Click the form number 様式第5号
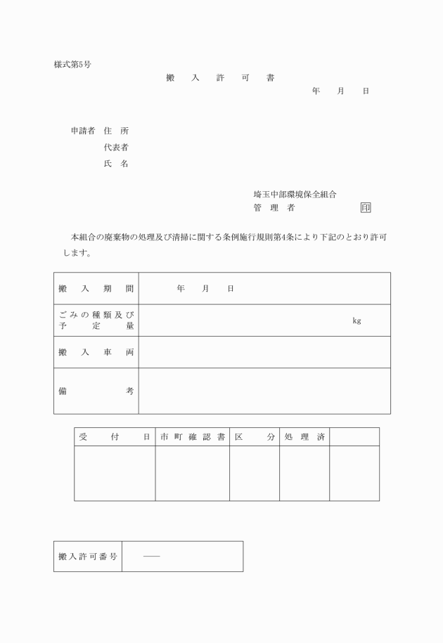(72, 65)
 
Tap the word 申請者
(83, 131)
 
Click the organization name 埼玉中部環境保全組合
(295, 193)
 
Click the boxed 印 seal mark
(366, 208)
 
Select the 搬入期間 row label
(96, 289)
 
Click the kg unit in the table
(357, 320)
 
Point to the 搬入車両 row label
(96, 352)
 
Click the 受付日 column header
(115, 437)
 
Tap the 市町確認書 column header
(192, 437)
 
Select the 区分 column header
(254, 437)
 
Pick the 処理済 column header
(304, 437)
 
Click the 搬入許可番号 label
(87, 557)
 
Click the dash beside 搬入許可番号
(151, 557)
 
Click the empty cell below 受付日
(115, 473)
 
